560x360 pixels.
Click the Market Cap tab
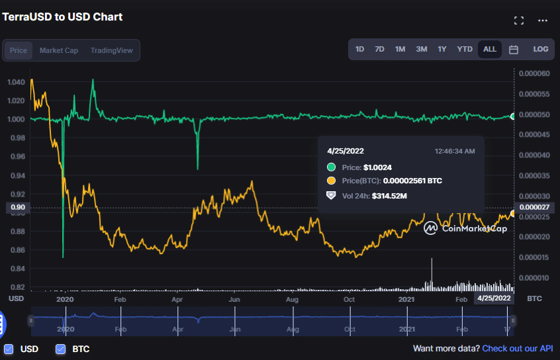point(59,50)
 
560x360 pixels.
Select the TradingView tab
point(111,50)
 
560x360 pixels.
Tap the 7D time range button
point(380,49)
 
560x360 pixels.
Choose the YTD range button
point(465,49)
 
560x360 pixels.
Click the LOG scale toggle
point(540,49)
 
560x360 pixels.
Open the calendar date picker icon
point(514,50)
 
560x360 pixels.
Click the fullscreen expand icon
point(519,21)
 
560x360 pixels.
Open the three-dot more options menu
point(543,21)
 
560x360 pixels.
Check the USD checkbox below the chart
point(9,349)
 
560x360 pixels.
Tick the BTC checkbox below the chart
point(61,349)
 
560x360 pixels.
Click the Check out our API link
point(518,348)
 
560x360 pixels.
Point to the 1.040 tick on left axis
point(16,82)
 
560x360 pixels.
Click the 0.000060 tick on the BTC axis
point(534,73)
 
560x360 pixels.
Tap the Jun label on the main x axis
point(234,299)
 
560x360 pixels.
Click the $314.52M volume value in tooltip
point(389,196)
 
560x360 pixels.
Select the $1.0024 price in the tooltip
point(377,167)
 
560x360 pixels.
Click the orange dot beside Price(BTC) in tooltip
point(331,181)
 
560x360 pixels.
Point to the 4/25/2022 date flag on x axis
point(494,298)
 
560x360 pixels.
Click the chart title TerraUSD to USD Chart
point(62,17)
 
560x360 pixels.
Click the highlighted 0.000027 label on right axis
point(534,208)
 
